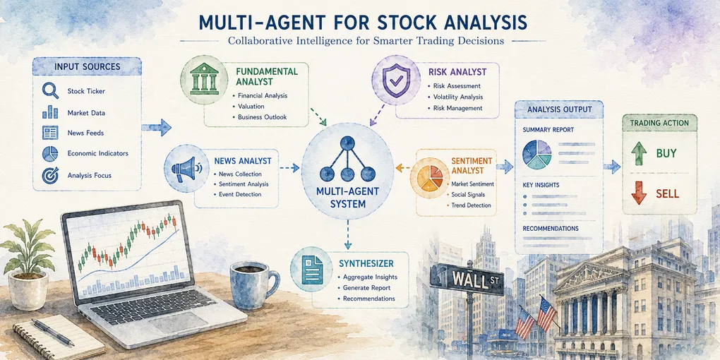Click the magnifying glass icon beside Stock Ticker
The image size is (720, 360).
point(50,90)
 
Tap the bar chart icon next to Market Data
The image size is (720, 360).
point(50,112)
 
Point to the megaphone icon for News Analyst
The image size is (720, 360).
point(184,167)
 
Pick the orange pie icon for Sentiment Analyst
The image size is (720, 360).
point(426,178)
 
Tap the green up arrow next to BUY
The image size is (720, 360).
point(639,153)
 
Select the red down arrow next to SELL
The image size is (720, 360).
point(639,193)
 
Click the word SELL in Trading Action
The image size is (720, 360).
point(668,193)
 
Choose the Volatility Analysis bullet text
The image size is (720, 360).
point(457,97)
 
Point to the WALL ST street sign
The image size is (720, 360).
point(467,279)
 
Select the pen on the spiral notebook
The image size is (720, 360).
point(53,332)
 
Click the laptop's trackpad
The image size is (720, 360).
point(174,323)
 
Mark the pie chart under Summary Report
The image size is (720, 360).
point(536,155)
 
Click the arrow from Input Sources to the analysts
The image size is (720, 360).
point(156,126)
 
